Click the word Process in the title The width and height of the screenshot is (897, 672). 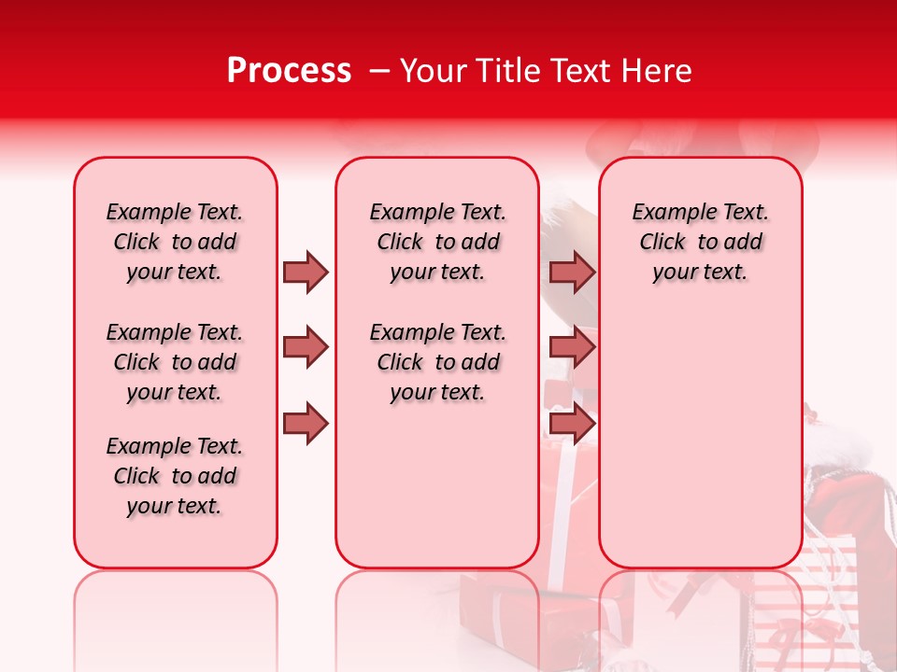(x=289, y=71)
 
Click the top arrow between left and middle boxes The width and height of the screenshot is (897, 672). (x=306, y=272)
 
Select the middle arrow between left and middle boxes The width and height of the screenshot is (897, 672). (x=306, y=347)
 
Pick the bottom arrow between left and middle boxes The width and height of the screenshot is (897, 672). (x=306, y=424)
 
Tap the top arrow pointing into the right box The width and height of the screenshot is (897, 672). (x=572, y=272)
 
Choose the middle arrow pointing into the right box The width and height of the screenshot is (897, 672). (x=572, y=347)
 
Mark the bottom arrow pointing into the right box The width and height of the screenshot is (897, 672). (x=572, y=424)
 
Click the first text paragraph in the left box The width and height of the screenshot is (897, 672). (x=175, y=242)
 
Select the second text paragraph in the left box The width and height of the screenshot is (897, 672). (x=175, y=362)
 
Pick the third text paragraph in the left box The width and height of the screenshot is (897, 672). (x=175, y=476)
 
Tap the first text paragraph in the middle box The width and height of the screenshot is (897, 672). (x=437, y=242)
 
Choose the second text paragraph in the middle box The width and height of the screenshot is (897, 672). (x=437, y=362)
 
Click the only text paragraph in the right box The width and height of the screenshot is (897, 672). (x=700, y=242)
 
